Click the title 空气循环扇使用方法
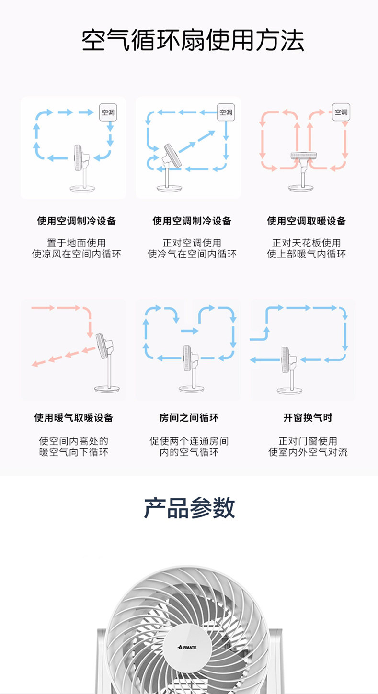pyautogui.click(x=193, y=40)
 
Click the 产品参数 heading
pyautogui.click(x=189, y=508)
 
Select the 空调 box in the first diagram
pyautogui.click(x=108, y=113)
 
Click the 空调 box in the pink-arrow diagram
pyautogui.click(x=341, y=112)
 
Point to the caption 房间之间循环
pyautogui.click(x=189, y=418)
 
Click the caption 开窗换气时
pyautogui.click(x=308, y=418)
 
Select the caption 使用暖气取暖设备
pyautogui.click(x=73, y=418)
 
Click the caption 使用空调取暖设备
pyautogui.click(x=307, y=221)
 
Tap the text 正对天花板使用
pyautogui.click(x=307, y=243)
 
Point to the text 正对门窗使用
pyautogui.click(x=308, y=441)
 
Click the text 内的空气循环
pyautogui.click(x=189, y=452)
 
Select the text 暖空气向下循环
pyautogui.click(x=73, y=452)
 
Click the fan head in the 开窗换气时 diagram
pyautogui.click(x=286, y=360)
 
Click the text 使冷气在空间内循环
pyautogui.click(x=192, y=254)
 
